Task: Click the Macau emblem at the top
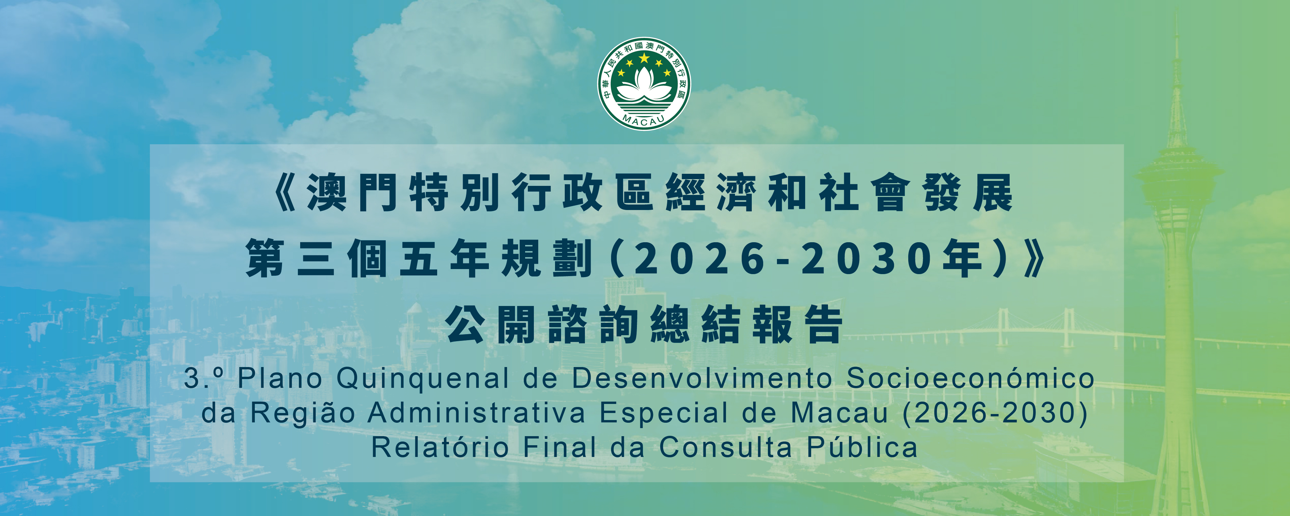tap(645, 84)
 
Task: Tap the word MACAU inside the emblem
tap(644, 119)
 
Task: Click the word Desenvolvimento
tap(702, 378)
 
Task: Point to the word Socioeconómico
tap(970, 378)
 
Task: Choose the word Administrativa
tap(476, 413)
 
